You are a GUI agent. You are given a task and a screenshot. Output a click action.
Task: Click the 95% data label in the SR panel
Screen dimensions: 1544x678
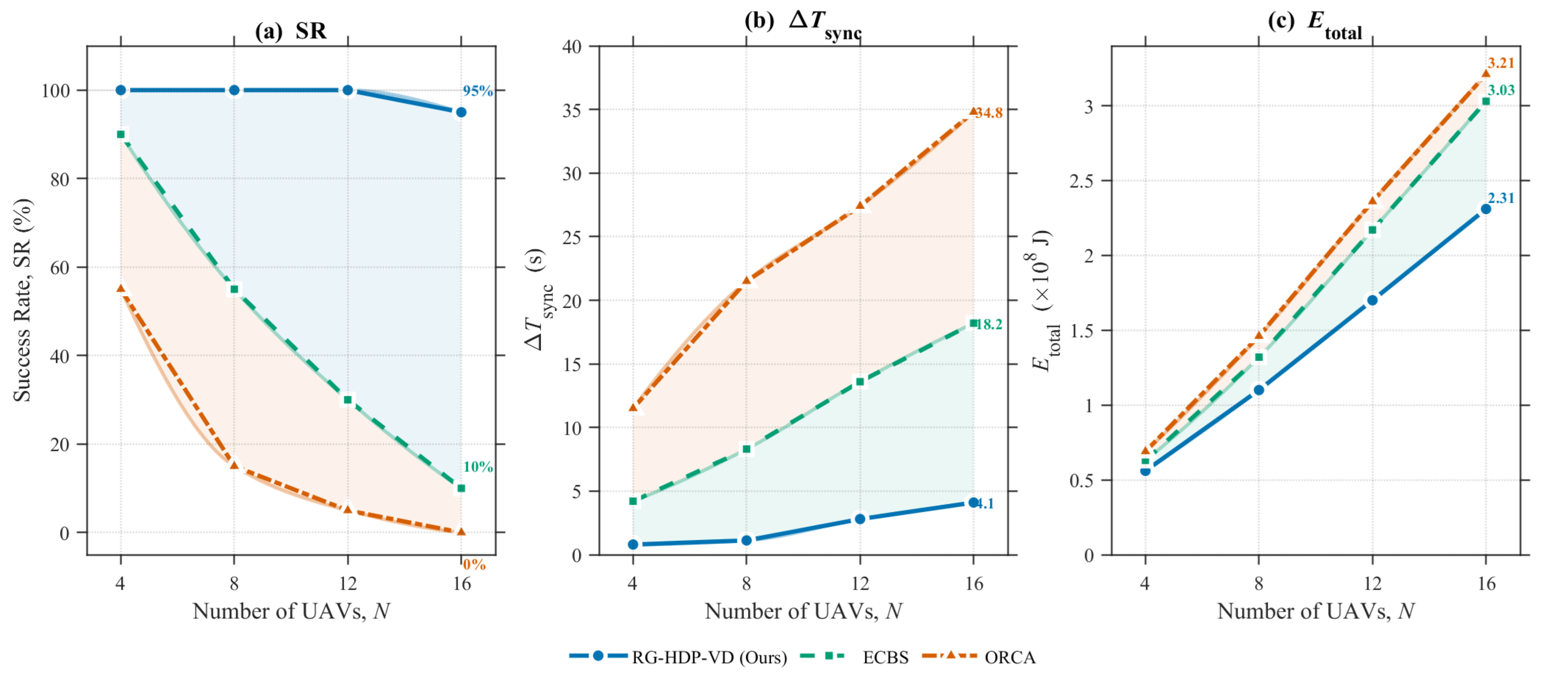(478, 91)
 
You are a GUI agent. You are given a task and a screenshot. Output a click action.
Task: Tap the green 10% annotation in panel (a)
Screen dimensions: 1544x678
(478, 466)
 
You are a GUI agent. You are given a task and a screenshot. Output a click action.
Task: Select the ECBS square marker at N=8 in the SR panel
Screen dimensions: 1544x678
(234, 289)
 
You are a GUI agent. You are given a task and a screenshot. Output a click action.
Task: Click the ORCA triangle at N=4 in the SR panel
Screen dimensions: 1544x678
(121, 289)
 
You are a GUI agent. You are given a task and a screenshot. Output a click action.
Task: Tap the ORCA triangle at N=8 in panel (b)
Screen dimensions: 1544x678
(746, 280)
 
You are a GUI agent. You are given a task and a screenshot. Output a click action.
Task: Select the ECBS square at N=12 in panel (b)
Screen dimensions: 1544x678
(860, 381)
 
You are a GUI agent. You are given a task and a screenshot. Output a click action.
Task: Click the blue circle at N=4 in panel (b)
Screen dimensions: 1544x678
(633, 545)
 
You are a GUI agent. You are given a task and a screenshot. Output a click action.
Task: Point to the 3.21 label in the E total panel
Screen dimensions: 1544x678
(1501, 63)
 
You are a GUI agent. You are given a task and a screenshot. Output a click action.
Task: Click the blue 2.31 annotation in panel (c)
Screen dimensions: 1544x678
(1501, 198)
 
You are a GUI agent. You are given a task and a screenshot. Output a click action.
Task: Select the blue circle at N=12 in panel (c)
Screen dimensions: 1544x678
(1372, 300)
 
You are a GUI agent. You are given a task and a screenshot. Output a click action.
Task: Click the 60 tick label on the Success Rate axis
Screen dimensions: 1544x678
(60, 267)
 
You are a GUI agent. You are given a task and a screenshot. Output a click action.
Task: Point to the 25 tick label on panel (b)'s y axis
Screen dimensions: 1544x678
(572, 237)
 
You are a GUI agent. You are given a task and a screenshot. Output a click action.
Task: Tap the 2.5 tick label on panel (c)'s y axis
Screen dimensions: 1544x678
(1083, 181)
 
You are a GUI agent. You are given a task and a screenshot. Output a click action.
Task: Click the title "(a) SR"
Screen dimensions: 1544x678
(291, 31)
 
